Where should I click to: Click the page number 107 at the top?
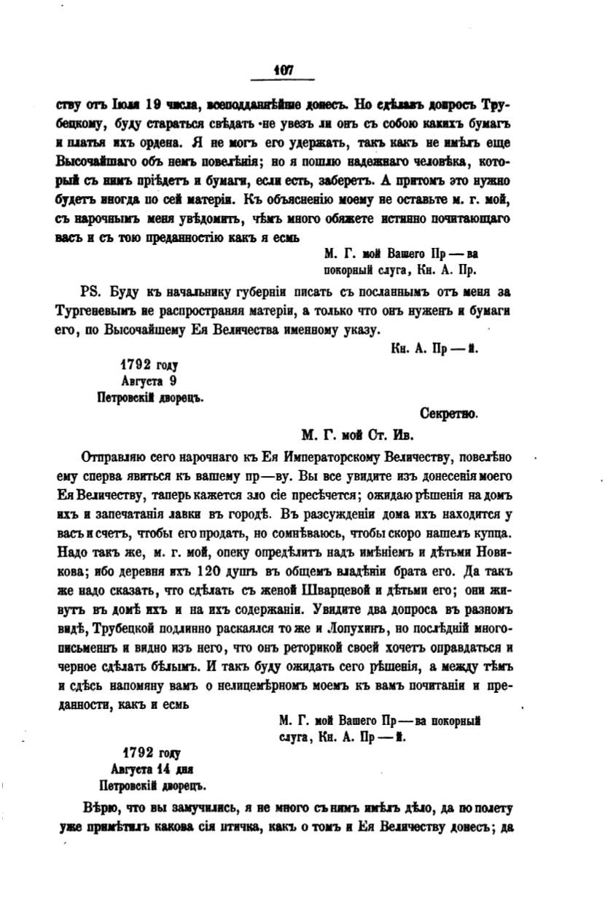click(x=283, y=70)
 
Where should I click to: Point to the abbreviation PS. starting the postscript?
click(x=90, y=292)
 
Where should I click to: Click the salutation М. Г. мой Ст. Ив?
click(x=357, y=436)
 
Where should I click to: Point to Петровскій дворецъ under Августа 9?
click(x=149, y=398)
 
